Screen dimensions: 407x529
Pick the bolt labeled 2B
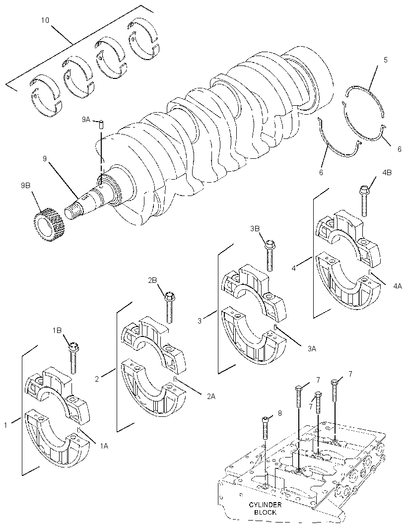click(169, 307)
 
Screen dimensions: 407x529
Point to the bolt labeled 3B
click(270, 255)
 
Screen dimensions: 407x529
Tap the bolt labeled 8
click(265, 428)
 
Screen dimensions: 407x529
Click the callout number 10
click(45, 20)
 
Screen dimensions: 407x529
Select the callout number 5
click(385, 60)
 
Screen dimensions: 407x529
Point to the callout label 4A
click(397, 286)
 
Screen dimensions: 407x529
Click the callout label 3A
click(312, 349)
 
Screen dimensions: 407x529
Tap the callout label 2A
click(211, 397)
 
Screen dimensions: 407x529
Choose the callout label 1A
click(104, 446)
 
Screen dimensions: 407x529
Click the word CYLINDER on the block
click(265, 505)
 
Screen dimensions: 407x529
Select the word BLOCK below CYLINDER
click(265, 512)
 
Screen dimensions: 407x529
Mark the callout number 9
click(45, 158)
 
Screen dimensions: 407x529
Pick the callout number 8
click(279, 413)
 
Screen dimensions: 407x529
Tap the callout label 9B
click(26, 185)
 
